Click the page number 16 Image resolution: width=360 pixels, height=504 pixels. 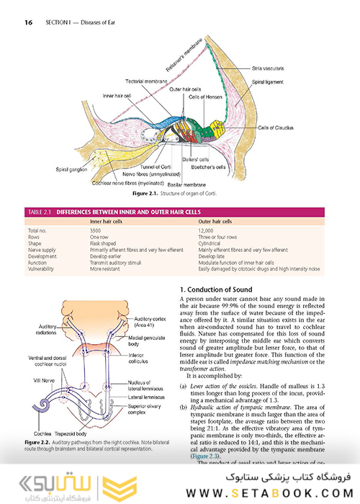click(29, 22)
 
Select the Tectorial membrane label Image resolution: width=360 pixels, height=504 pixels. click(146, 81)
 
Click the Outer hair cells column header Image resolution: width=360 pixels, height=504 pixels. click(215, 222)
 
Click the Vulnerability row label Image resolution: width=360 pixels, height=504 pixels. click(42, 268)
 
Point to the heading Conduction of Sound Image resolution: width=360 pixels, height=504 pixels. click(219, 289)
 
